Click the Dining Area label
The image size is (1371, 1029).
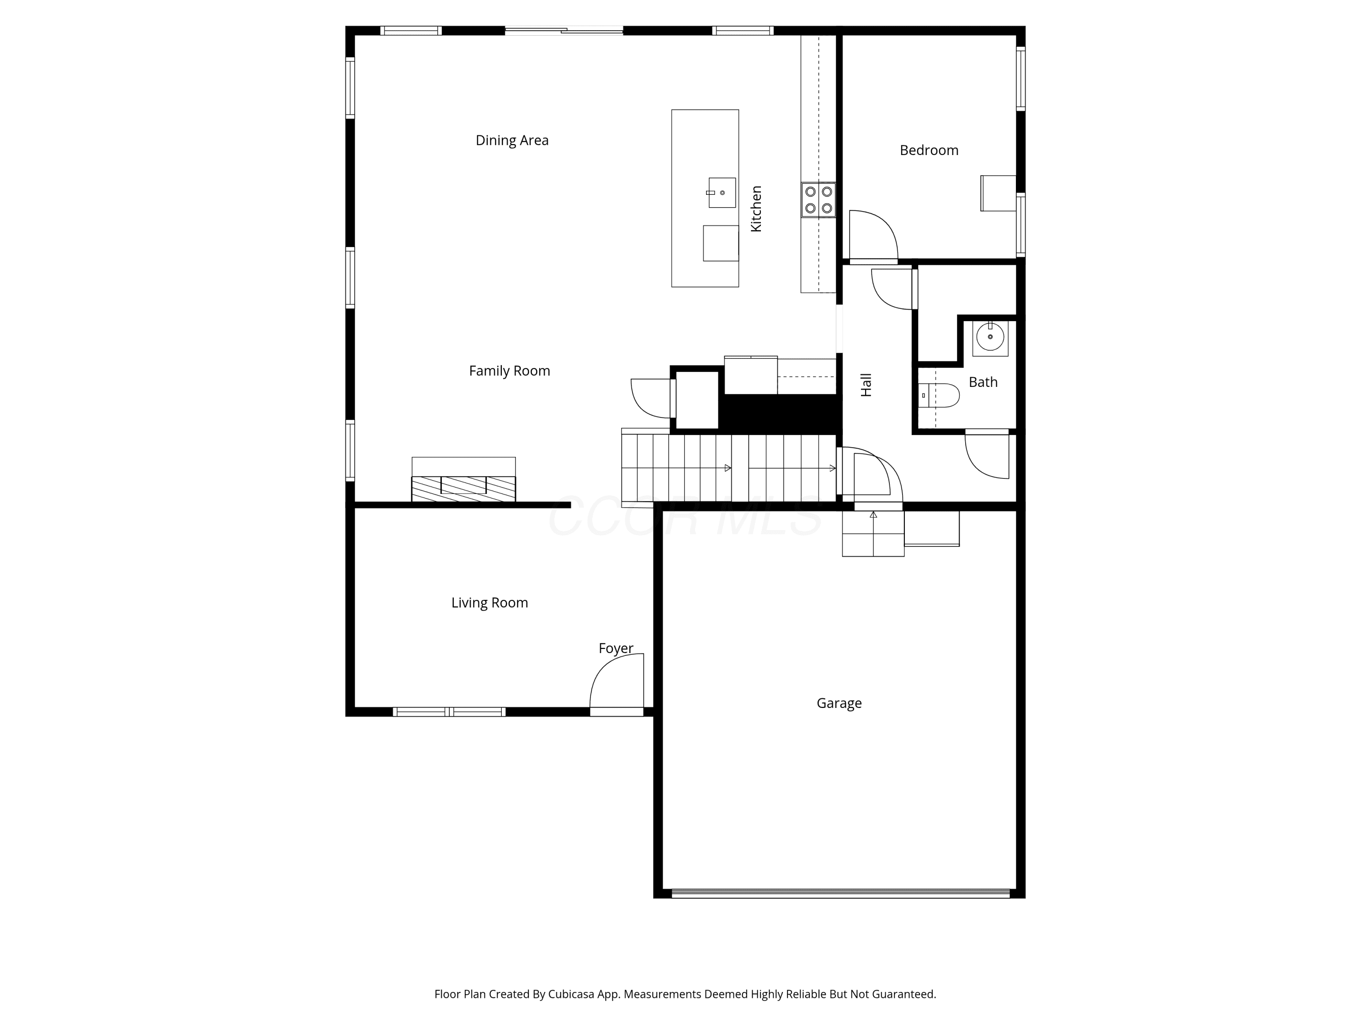(512, 141)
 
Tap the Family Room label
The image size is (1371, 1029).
(510, 371)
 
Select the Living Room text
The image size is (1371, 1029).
(489, 603)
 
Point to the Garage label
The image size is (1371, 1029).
(839, 703)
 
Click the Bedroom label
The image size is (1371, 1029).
(929, 150)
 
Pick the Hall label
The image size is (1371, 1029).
(866, 385)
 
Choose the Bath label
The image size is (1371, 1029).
(983, 382)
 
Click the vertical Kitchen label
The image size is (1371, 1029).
(756, 209)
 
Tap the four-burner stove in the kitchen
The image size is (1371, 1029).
(818, 200)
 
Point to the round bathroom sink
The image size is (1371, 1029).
(990, 338)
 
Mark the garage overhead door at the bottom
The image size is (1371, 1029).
(840, 894)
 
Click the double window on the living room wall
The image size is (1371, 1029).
(449, 712)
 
